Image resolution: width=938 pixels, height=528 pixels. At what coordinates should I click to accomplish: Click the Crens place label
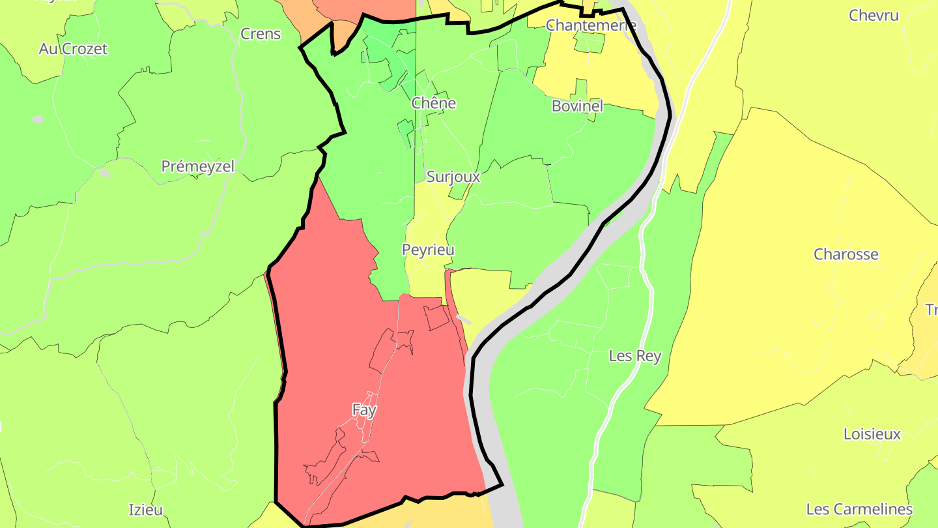tap(261, 34)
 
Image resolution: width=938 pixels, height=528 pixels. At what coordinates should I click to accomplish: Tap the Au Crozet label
tap(73, 49)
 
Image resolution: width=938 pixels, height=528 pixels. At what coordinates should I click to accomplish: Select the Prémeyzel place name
tap(197, 166)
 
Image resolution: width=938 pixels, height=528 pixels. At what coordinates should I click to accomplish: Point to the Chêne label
tap(433, 103)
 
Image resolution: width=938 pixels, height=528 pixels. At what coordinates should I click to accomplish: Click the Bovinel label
tap(577, 106)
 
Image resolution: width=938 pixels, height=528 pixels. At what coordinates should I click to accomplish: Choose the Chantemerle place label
tap(591, 25)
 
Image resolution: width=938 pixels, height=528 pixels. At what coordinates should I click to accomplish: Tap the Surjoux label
tap(453, 177)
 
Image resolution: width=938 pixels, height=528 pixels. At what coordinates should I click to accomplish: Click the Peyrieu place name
tap(428, 250)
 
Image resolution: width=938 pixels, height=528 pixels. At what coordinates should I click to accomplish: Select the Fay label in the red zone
tap(364, 410)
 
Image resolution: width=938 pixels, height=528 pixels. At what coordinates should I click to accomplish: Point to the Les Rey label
tap(634, 356)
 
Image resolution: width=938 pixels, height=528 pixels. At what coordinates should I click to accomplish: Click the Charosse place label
tap(846, 254)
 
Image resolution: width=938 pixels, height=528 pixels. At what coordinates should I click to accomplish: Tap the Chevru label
tap(874, 15)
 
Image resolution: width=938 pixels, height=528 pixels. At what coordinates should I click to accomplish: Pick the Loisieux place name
tap(872, 434)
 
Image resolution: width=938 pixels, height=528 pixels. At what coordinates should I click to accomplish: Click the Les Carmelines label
tap(859, 509)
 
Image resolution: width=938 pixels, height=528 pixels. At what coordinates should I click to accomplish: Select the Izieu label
tap(145, 509)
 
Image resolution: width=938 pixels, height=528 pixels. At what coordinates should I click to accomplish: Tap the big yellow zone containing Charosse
tap(782, 313)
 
